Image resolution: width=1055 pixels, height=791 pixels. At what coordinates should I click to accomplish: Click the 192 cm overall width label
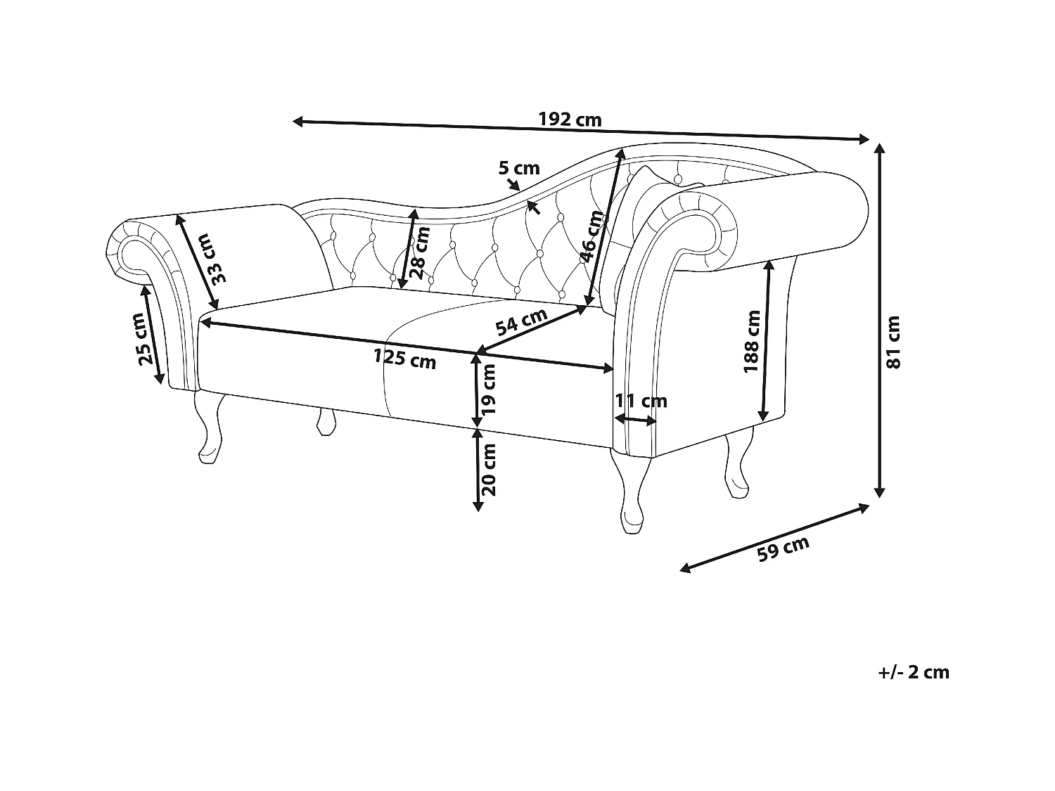pos(570,119)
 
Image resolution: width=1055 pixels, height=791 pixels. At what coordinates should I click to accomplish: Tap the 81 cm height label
pos(893,342)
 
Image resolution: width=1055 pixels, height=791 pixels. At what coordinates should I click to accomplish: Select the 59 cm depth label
pos(783,548)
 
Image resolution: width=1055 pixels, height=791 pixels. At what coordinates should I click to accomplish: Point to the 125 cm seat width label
pos(405,359)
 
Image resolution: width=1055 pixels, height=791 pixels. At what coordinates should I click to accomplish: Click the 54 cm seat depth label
pos(521,323)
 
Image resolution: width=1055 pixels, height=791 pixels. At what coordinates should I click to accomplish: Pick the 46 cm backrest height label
pos(593,236)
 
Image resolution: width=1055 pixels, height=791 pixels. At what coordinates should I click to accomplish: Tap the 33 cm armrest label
pos(219,257)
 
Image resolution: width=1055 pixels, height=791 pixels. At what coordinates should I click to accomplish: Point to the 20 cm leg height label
pos(490,469)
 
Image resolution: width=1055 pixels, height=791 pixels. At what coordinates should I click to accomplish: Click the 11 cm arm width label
pos(641,401)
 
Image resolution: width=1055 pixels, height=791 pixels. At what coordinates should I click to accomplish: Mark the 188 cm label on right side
pos(752,342)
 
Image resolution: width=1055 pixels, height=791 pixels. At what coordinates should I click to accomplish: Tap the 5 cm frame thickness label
pos(519,168)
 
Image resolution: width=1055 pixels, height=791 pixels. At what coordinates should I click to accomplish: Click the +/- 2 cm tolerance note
pos(914,672)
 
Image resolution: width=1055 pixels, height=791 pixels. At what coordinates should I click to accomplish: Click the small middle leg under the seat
pos(324,422)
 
